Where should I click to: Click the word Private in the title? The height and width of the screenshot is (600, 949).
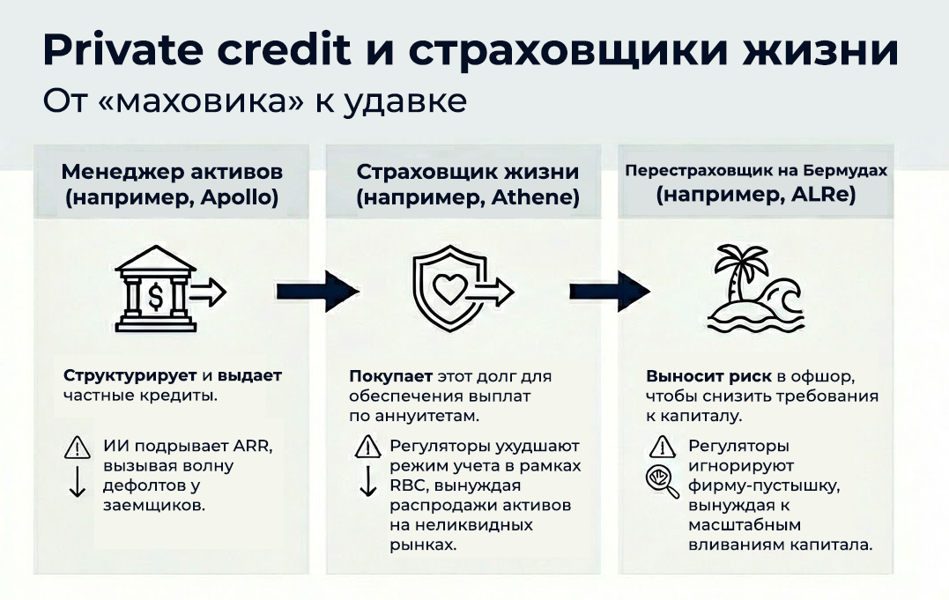click(x=122, y=49)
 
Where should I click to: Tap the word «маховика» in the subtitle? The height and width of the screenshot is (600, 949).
click(x=200, y=100)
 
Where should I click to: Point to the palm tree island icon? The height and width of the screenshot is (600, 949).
click(x=756, y=288)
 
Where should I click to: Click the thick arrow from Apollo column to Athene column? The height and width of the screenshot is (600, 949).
click(x=318, y=292)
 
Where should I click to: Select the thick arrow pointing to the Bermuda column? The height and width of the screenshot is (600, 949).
click(x=610, y=292)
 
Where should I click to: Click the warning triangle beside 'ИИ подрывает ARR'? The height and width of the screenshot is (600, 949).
click(x=78, y=448)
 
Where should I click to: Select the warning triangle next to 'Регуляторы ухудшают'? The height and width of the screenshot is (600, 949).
click(x=368, y=448)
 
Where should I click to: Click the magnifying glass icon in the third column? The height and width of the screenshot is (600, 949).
click(x=662, y=482)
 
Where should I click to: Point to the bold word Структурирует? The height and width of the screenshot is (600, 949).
click(x=130, y=376)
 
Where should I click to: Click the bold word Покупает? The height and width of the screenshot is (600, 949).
click(x=390, y=376)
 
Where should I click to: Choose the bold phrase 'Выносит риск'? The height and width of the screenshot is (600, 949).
click(x=708, y=376)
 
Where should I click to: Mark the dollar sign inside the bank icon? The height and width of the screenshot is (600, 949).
click(x=156, y=297)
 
